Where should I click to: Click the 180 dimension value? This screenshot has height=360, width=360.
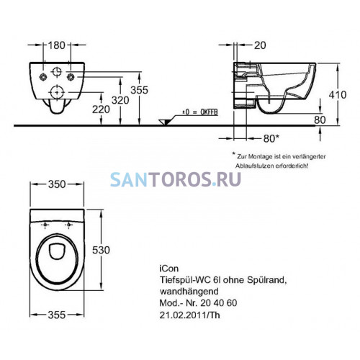point(57,45)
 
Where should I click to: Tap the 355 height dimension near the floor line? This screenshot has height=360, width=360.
point(140,90)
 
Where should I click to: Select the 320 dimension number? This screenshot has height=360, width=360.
point(120,100)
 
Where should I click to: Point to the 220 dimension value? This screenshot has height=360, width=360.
point(101,109)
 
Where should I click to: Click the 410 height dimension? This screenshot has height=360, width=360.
point(338,95)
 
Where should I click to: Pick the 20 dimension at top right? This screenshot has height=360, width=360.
point(260,45)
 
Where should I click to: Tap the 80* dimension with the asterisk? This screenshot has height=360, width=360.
point(271,138)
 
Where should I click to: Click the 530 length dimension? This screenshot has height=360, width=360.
point(101,250)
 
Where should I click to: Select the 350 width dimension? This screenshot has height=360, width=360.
point(57,184)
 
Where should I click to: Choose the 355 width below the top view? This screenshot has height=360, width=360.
point(57,315)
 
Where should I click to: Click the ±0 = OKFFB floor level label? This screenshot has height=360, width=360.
point(200,112)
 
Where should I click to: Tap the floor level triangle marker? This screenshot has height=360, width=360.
point(164,122)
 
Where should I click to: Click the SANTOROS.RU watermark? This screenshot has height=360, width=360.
point(176,179)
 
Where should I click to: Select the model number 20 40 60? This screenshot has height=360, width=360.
point(219,303)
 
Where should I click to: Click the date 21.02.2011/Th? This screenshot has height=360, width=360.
point(189,315)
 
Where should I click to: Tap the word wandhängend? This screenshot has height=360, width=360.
point(189,292)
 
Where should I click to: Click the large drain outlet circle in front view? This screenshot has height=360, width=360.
point(57,92)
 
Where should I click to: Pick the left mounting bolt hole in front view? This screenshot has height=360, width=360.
point(43,76)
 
